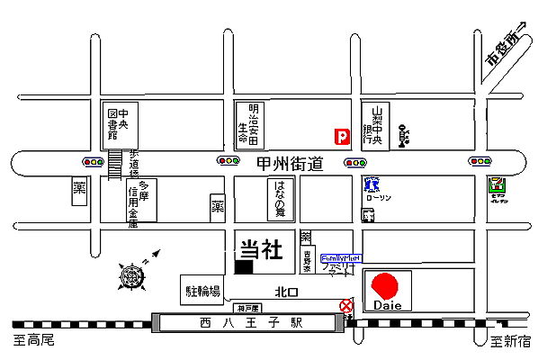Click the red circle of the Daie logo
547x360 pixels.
click(x=386, y=285)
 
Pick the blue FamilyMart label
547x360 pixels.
click(x=341, y=256)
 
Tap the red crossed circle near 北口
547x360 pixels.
click(x=346, y=307)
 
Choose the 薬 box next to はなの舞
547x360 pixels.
click(x=217, y=206)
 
